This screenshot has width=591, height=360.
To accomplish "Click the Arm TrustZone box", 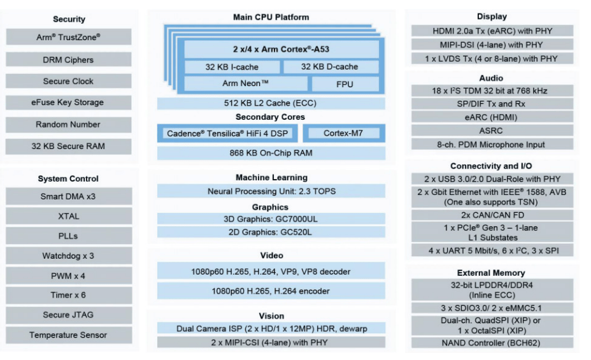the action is pyautogui.click(x=69, y=37).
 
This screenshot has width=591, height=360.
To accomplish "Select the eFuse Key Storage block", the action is pyautogui.click(x=69, y=103).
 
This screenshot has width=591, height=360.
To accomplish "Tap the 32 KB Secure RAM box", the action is pyautogui.click(x=69, y=147).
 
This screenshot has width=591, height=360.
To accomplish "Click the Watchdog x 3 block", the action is pyautogui.click(x=69, y=256).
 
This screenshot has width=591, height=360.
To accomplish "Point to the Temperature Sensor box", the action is pyautogui.click(x=69, y=335).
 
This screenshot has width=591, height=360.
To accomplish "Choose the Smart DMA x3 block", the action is pyautogui.click(x=69, y=196).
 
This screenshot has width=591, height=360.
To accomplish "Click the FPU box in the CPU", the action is pyautogui.click(x=345, y=84).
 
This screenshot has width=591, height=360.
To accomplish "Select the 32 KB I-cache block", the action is pyautogui.click(x=232, y=67).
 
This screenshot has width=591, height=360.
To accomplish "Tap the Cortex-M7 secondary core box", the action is pyautogui.click(x=344, y=133).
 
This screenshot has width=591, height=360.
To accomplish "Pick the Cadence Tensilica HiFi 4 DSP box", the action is pyautogui.click(x=227, y=133).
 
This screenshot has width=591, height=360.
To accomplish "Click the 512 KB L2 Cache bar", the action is pyautogui.click(x=271, y=103).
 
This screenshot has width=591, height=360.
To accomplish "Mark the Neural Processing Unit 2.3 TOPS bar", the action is pyautogui.click(x=271, y=191).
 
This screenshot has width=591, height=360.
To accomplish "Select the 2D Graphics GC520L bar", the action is pyautogui.click(x=271, y=232).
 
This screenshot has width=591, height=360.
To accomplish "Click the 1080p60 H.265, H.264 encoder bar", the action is pyautogui.click(x=271, y=291).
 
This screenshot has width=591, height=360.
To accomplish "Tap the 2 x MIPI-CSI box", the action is pyautogui.click(x=271, y=342).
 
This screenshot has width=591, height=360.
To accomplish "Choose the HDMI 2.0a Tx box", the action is pyautogui.click(x=492, y=31).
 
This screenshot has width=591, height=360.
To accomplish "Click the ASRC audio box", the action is pyautogui.click(x=492, y=131).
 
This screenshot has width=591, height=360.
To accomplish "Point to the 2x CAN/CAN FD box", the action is pyautogui.click(x=492, y=215).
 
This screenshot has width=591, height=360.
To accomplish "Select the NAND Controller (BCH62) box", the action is pyautogui.click(x=492, y=343).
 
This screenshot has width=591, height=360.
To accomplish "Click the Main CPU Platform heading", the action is pyautogui.click(x=271, y=17).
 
